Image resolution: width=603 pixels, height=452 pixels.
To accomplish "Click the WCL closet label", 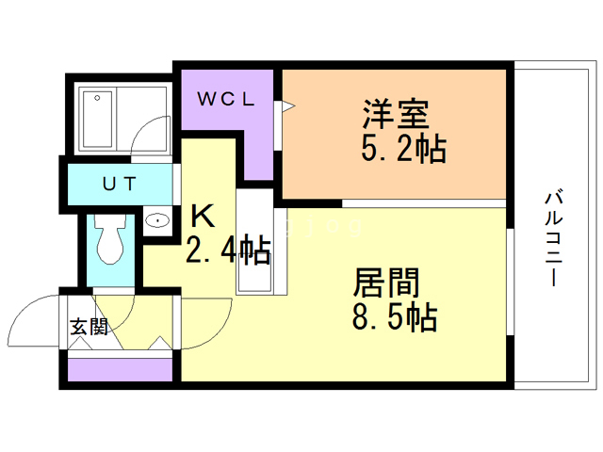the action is [226, 99].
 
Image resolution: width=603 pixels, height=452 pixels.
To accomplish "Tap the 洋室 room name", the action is [396, 114].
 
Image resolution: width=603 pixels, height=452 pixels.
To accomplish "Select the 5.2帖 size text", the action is [403, 148].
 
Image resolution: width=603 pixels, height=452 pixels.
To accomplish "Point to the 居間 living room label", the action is [386, 282].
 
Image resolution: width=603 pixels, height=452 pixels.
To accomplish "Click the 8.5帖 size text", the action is [395, 316].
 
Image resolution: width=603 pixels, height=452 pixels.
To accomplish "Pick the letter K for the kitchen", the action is [203, 217].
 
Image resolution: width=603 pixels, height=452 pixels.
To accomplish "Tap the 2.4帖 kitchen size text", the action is [228, 250].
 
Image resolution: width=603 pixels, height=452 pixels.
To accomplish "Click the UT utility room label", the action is [120, 184].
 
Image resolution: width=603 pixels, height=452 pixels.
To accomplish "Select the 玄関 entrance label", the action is [89, 327].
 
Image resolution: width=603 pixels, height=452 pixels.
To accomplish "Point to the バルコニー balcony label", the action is [554, 239].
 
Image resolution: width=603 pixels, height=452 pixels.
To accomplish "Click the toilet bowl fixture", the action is [110, 238].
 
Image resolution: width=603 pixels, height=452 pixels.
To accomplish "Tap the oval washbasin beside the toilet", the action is [157, 220].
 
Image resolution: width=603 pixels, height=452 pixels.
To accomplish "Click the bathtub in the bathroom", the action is [98, 120].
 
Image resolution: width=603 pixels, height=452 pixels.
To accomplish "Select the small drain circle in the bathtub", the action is [97, 98].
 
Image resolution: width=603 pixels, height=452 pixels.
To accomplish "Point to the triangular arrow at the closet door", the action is [289, 106].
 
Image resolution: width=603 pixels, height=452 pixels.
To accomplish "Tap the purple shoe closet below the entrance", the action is [120, 370].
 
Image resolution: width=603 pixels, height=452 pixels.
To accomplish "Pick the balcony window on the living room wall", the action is [511, 282].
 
